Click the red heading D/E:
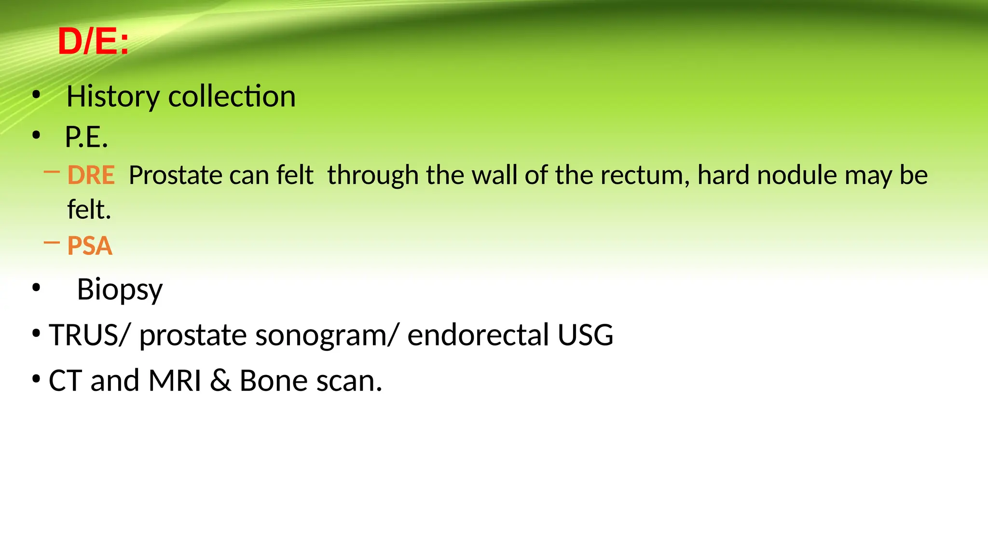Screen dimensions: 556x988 click(x=94, y=42)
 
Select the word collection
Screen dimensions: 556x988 click(x=232, y=97)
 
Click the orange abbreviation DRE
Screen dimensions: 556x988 click(x=91, y=175)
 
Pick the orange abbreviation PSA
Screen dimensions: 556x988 click(x=90, y=246)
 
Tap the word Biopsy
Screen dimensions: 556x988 click(x=120, y=290)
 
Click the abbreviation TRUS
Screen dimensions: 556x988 click(x=85, y=335)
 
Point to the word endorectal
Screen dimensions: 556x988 click(x=478, y=335)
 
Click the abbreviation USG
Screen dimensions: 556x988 click(x=585, y=335)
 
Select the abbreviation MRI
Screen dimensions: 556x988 click(x=175, y=381)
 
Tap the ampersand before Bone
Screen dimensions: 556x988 click(x=220, y=381)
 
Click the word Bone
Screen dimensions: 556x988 click(x=273, y=381)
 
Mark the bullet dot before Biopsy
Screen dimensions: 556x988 click(x=36, y=288)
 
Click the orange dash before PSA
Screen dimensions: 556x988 click(x=52, y=243)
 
